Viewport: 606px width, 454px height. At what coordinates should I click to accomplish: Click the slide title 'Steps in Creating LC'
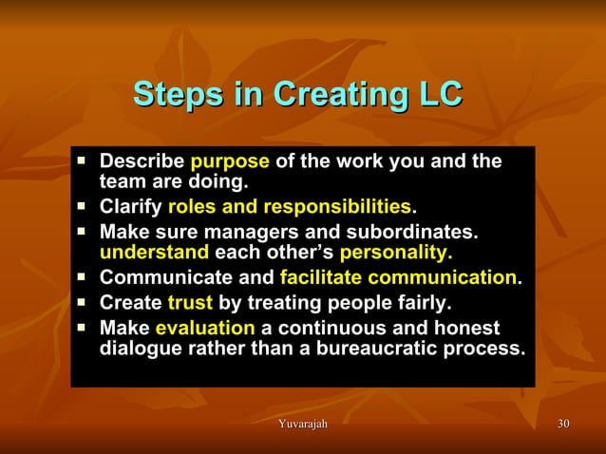pos(297,96)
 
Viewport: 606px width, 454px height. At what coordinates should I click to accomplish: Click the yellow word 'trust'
pos(190,304)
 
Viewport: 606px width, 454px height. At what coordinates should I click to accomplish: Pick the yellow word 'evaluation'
pos(205,329)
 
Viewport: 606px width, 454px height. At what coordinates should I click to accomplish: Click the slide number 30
pos(563,423)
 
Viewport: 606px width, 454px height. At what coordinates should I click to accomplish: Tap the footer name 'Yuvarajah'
pos(298,423)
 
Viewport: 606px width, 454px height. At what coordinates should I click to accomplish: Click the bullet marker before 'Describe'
pos(83,160)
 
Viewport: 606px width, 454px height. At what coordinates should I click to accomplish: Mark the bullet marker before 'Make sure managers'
pos(83,231)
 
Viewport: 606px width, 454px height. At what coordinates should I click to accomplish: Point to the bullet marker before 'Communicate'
pos(83,277)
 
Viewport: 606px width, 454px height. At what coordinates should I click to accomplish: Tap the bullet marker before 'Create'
pos(83,303)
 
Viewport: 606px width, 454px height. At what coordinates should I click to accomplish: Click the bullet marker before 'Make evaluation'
pos(83,328)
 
